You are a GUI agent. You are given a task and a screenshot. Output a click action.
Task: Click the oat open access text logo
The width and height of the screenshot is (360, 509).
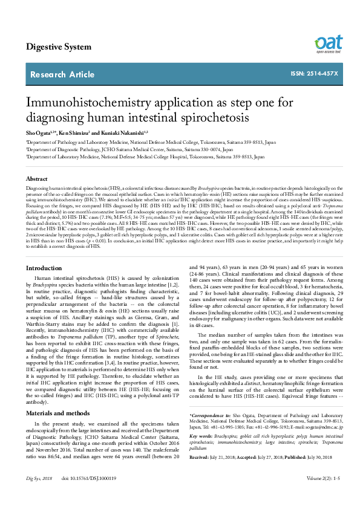(x=329, y=44)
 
